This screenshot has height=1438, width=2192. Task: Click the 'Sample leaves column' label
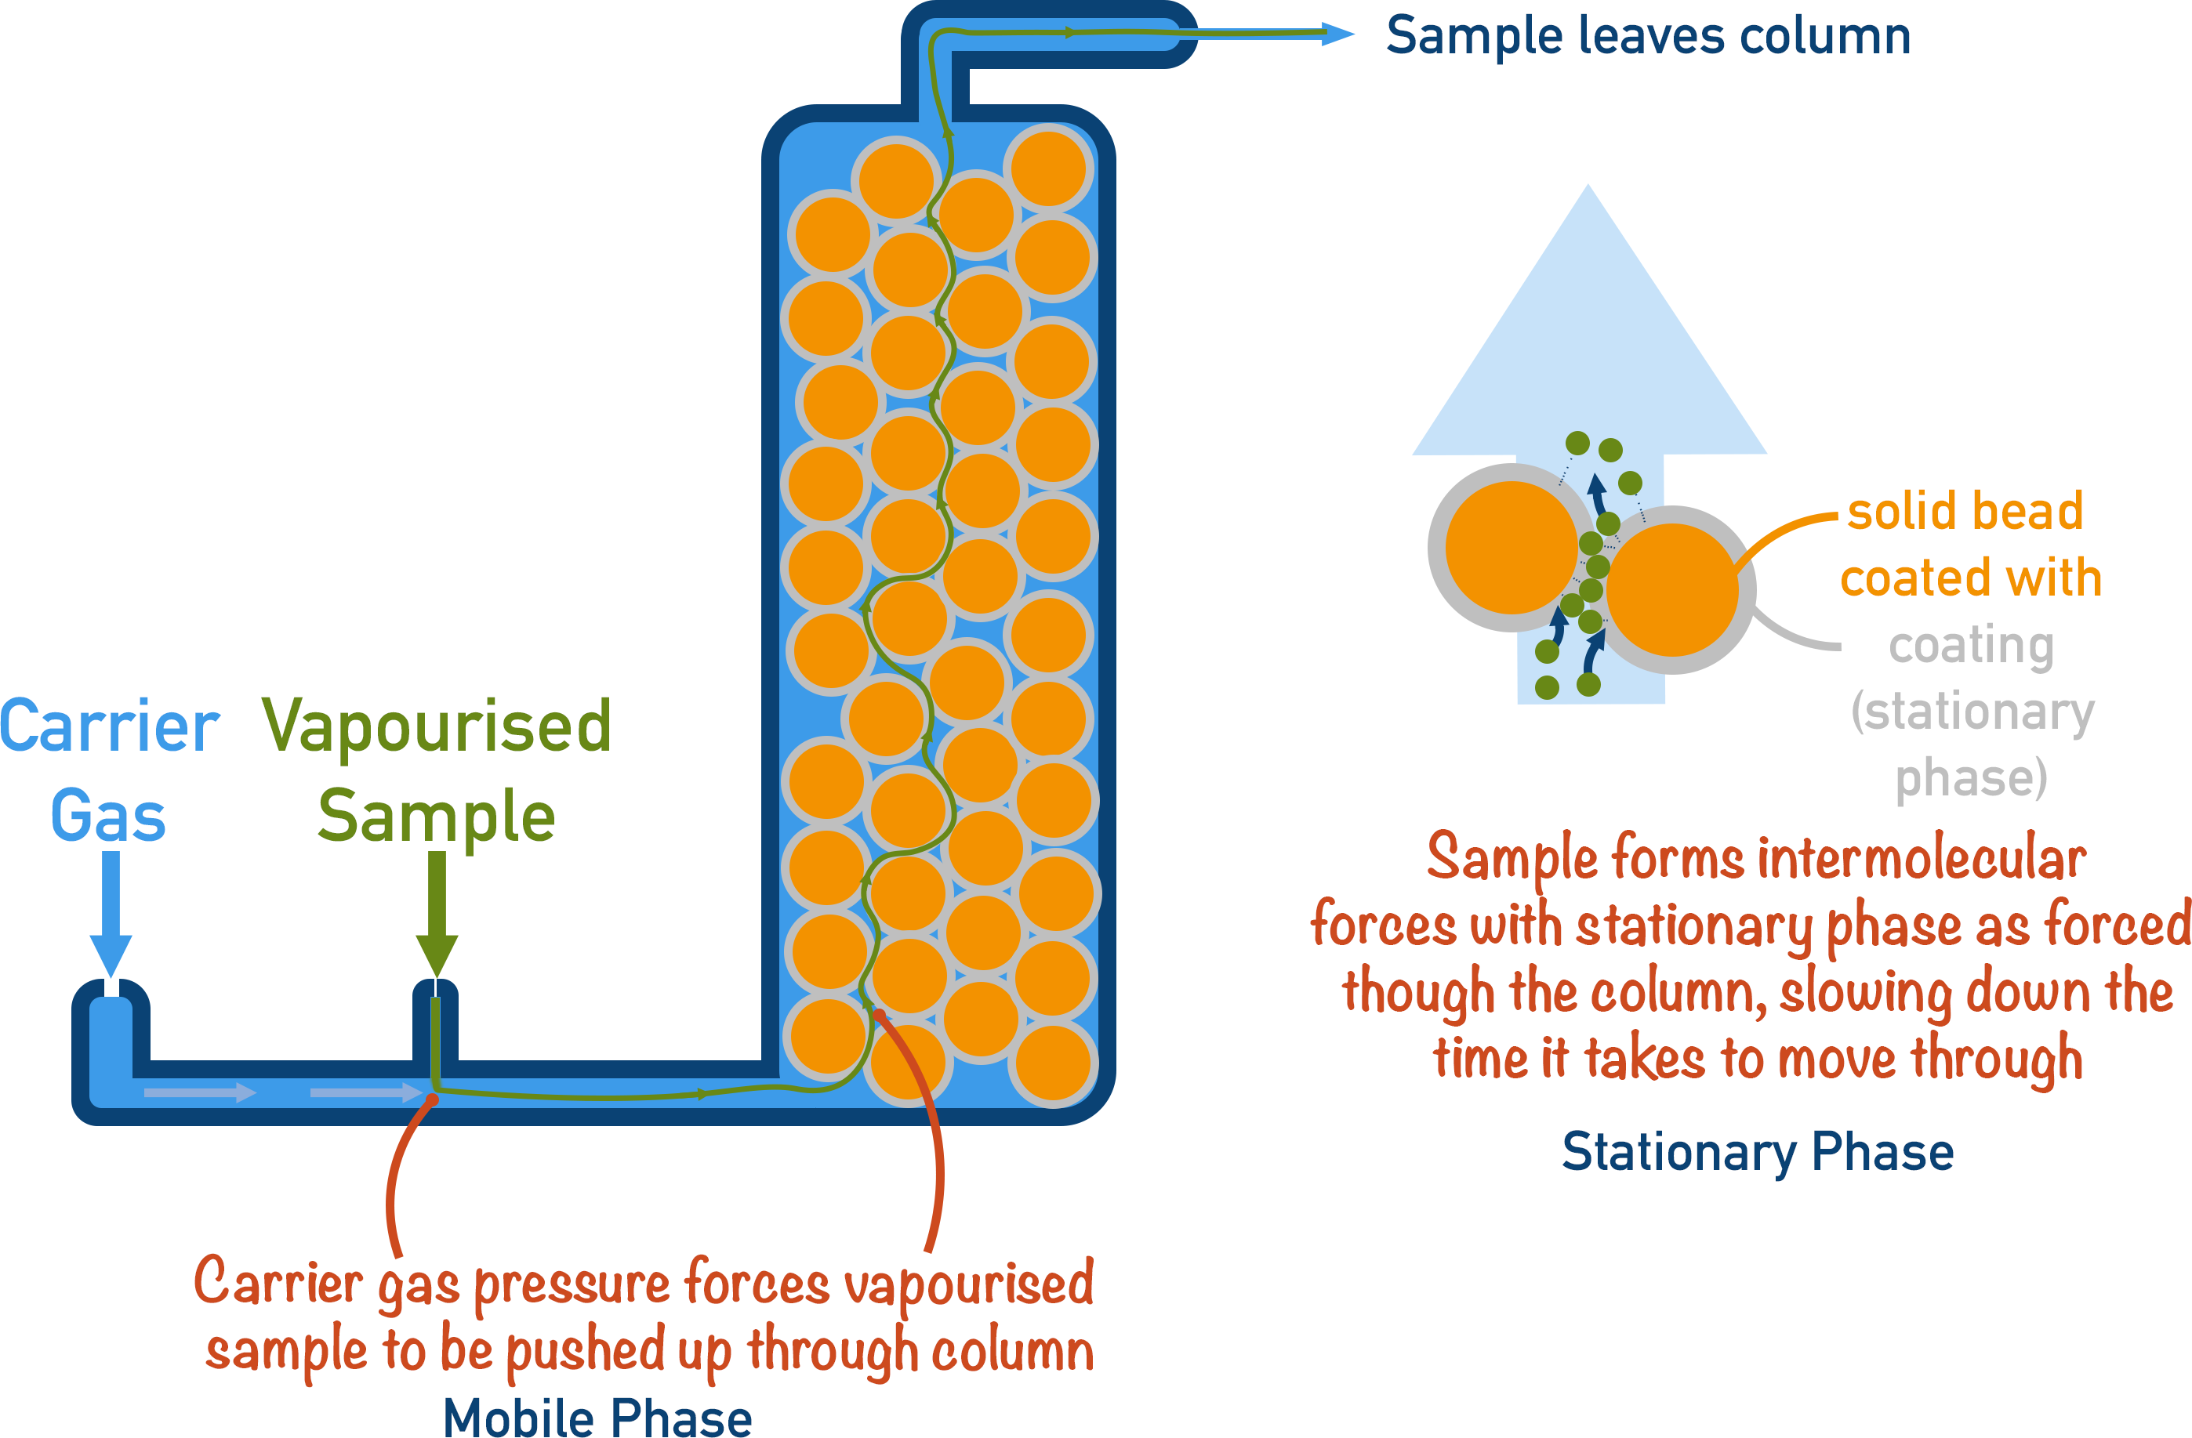[x=1648, y=37]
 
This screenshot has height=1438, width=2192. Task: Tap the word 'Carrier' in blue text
[x=109, y=726]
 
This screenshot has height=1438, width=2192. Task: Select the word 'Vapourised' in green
[x=437, y=726]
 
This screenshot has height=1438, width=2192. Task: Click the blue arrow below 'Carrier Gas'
[x=111, y=911]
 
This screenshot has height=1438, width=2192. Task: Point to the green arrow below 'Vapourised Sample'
[x=437, y=911]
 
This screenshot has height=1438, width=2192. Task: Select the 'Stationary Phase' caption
[x=1757, y=1152]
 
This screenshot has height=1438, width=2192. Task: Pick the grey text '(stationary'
[x=1972, y=712]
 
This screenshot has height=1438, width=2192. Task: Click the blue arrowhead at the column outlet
[x=1337, y=34]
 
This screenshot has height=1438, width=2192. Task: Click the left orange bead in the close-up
[x=1512, y=548]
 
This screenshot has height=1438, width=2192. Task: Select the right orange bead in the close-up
[x=1671, y=590]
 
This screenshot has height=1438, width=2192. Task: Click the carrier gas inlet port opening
[x=111, y=990]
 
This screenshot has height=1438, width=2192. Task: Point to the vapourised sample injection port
[x=436, y=990]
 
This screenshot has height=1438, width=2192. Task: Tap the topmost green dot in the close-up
[x=1577, y=443]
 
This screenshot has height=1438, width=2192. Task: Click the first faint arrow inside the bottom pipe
[x=200, y=1092]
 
